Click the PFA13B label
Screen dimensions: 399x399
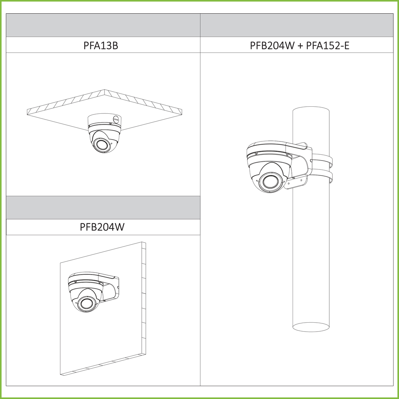[x=101, y=46]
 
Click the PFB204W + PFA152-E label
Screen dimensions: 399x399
[x=300, y=46]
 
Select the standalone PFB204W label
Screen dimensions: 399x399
[x=102, y=227]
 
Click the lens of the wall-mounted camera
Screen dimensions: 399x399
[x=85, y=304]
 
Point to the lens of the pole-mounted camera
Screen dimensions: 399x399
[x=270, y=182]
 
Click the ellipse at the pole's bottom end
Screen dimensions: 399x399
[x=311, y=327]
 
